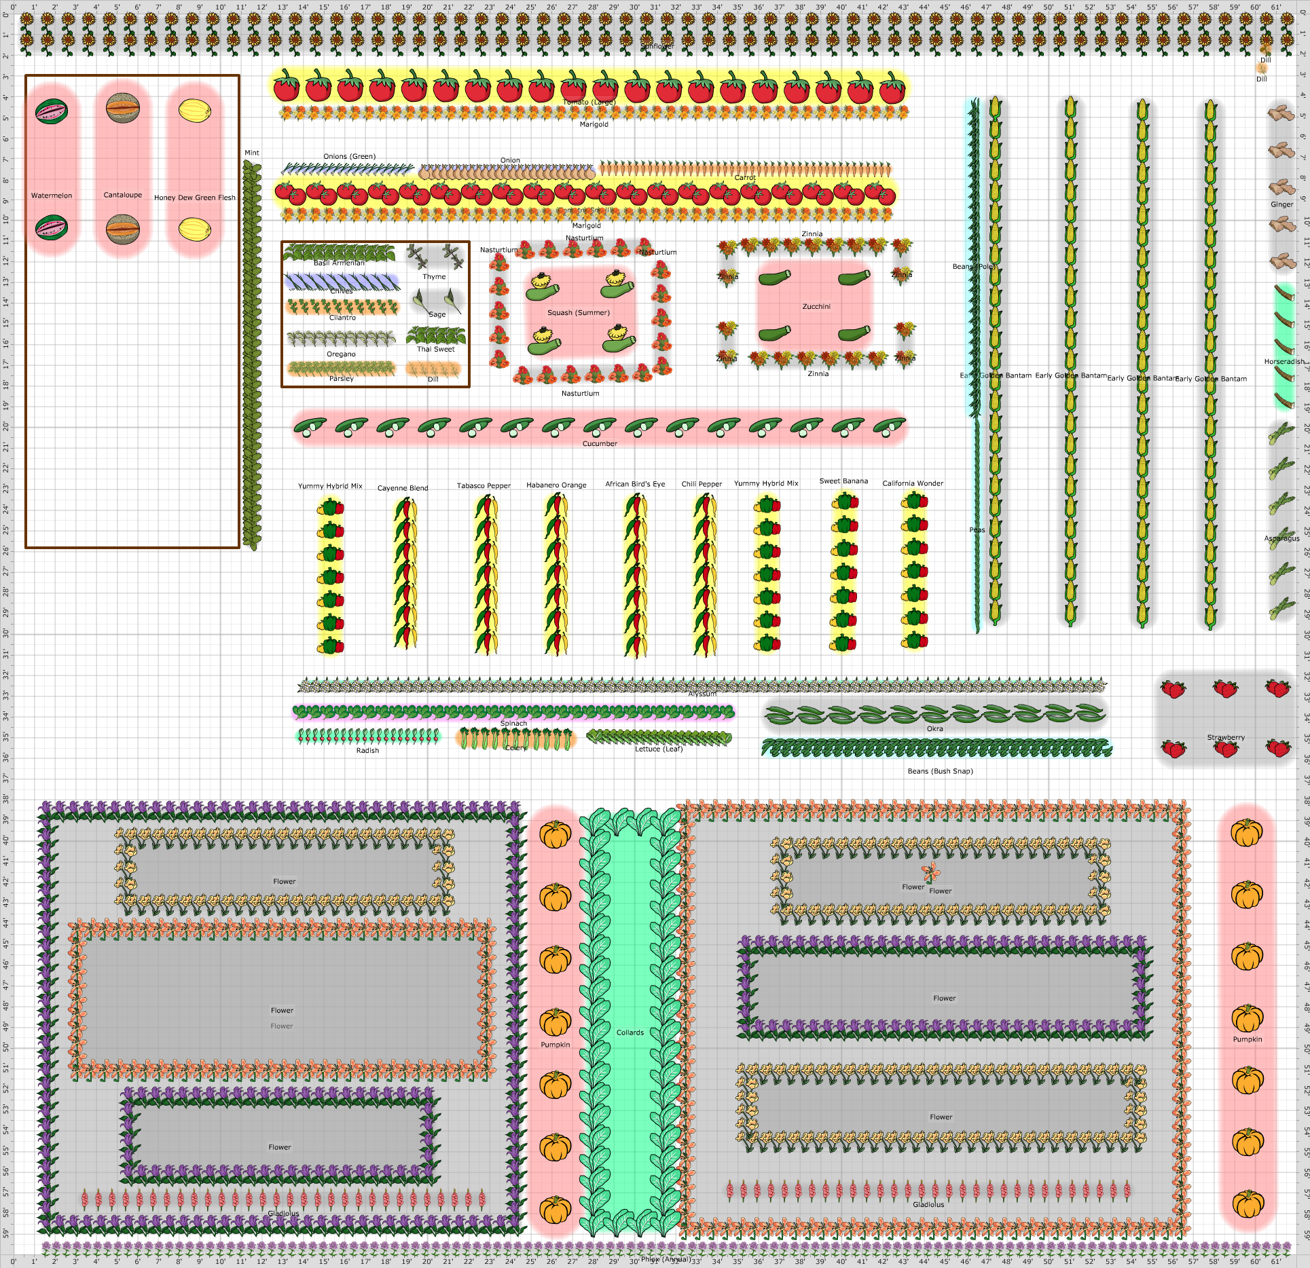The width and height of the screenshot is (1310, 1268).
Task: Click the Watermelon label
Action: [52, 195]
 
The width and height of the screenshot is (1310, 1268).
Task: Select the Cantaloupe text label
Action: [123, 195]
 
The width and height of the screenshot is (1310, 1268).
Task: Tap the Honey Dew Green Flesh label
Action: [195, 198]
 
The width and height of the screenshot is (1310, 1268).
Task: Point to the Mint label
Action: [252, 153]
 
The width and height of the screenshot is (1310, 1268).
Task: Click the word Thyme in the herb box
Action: [435, 276]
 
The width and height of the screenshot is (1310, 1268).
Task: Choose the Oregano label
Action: [341, 354]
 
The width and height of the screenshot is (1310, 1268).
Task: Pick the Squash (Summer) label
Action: [579, 312]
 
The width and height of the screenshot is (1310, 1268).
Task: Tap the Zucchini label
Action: [816, 306]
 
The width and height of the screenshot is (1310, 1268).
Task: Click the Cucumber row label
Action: [600, 443]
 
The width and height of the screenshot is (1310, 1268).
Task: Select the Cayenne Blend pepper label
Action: [403, 487]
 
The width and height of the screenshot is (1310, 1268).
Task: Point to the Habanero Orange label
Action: [556, 485]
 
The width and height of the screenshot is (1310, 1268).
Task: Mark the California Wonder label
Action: [913, 483]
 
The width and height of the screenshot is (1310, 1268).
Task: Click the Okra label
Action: [935, 728]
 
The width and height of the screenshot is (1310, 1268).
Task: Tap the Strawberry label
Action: [1226, 737]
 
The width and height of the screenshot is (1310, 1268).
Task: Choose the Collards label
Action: [630, 1032]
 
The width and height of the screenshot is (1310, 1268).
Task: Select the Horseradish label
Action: [1284, 362]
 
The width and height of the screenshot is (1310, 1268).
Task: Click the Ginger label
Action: [1282, 204]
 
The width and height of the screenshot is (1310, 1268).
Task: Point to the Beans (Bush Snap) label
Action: [941, 771]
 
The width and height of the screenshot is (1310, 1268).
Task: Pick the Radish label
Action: [367, 750]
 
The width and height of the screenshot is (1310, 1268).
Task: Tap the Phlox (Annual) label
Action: [666, 1259]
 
